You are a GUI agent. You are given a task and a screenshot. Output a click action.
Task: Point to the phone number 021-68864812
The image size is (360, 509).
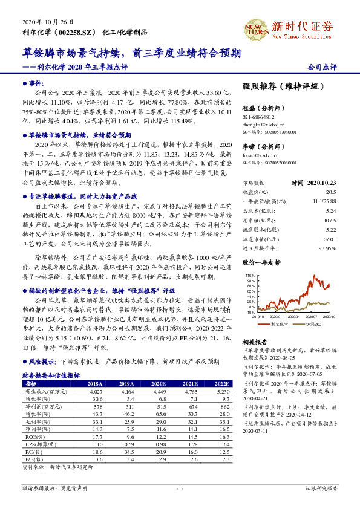pos(258,117)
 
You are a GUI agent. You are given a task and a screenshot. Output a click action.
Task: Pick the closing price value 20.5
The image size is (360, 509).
pos(330,191)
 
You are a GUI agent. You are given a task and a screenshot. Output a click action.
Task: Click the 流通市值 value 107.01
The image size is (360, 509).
pos(327,239)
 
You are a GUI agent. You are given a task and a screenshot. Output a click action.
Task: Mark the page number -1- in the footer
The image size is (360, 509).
pos(180,488)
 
